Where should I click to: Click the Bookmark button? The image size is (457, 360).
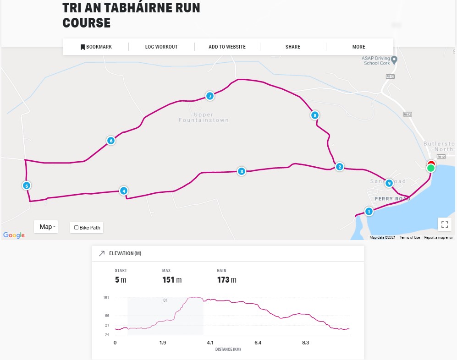96,47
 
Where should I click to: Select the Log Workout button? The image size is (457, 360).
161,47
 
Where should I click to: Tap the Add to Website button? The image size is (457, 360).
227,47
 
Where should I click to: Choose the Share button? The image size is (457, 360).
293,47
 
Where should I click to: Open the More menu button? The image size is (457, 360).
358,47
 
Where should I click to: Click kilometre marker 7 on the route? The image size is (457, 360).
209,96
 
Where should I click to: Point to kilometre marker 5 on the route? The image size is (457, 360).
27,185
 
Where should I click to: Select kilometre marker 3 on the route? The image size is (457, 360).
242,172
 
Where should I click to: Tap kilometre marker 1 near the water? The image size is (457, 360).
369,212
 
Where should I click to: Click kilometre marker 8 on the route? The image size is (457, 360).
314,115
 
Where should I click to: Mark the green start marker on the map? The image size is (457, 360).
430,169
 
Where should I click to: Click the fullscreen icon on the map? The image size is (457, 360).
444,224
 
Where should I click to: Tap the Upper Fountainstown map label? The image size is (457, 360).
204,117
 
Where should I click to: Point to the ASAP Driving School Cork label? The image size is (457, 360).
376,60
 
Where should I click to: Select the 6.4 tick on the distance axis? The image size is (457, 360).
258,343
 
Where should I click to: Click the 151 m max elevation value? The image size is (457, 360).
172,280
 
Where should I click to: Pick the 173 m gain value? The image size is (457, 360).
226,280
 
